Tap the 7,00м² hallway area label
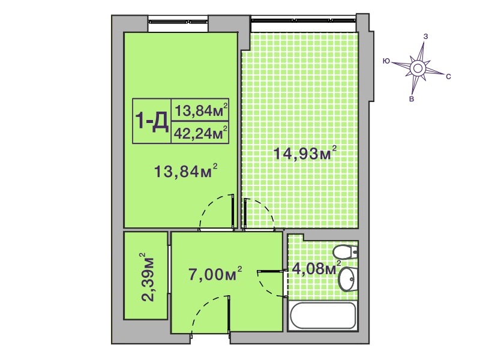(215, 274)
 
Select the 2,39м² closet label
(148, 277)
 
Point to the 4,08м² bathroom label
(317, 268)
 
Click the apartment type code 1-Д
(152, 121)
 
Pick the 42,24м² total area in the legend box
(200, 133)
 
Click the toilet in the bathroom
(346, 252)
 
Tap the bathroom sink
(348, 278)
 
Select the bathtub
(323, 316)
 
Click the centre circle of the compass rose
(417, 68)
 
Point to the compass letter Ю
(386, 61)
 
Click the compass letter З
(425, 37)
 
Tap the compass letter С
(448, 77)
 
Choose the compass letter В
(412, 99)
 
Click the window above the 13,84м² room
(178, 22)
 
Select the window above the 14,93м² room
(303, 20)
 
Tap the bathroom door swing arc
(266, 287)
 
